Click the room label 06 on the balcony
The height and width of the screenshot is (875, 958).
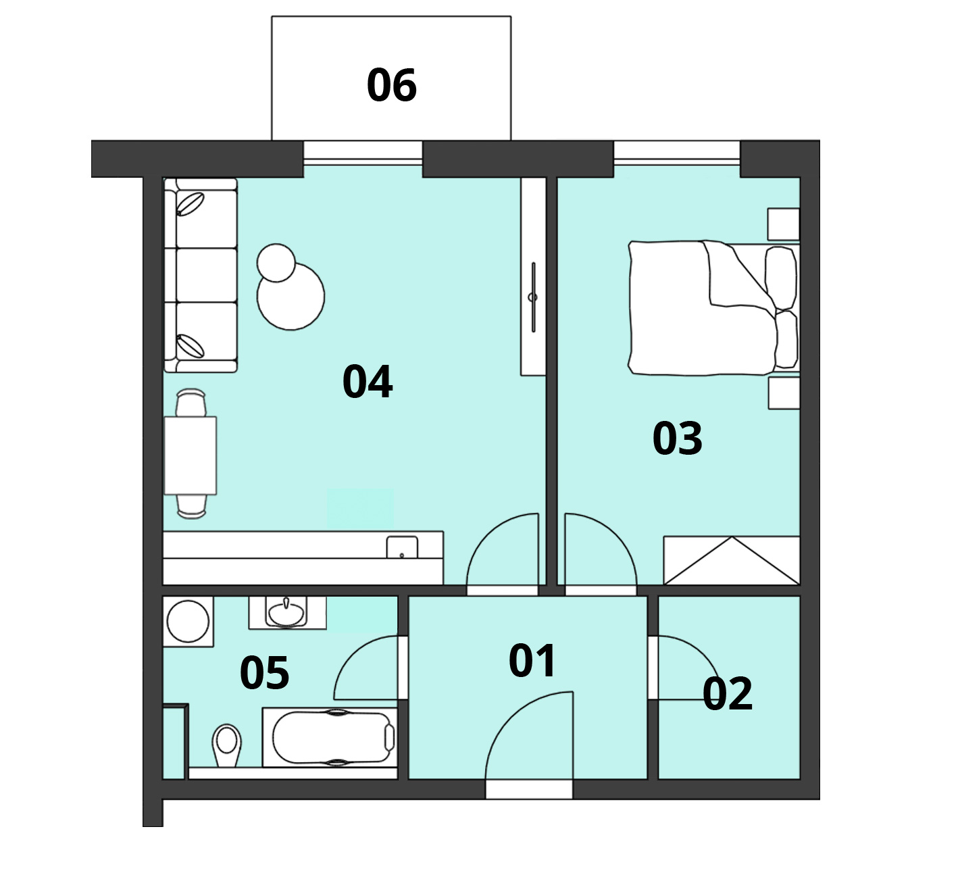click(x=392, y=85)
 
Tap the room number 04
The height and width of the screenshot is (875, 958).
click(x=368, y=381)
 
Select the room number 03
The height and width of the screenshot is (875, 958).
click(x=677, y=438)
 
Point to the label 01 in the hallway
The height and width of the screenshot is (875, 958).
click(x=532, y=661)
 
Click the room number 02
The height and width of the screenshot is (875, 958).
click(x=728, y=694)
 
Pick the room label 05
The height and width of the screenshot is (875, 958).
click(x=265, y=673)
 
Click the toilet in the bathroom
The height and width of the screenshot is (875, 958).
click(x=226, y=745)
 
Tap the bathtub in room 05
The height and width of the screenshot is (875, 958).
click(x=330, y=737)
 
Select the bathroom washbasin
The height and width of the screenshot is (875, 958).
click(x=286, y=614)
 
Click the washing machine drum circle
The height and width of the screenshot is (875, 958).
click(x=188, y=622)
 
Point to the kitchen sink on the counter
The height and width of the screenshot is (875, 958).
click(x=402, y=547)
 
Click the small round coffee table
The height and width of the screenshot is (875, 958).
click(x=276, y=263)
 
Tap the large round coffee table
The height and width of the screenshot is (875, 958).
click(x=291, y=296)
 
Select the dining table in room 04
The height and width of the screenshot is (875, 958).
click(x=191, y=455)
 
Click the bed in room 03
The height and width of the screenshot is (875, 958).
click(x=713, y=307)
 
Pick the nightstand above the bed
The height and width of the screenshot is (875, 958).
click(x=783, y=224)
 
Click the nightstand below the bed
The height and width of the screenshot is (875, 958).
click(x=784, y=393)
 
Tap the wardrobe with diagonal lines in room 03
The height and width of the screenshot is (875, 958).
click(x=732, y=560)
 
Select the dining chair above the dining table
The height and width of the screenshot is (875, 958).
click(x=191, y=403)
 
